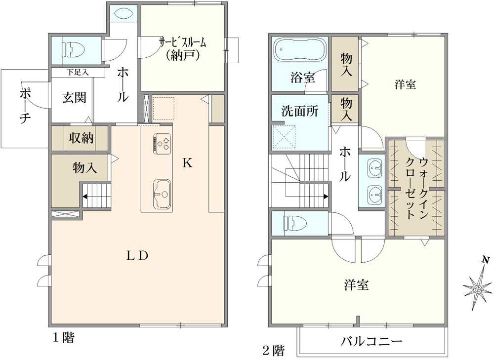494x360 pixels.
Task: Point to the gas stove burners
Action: (x=162, y=143)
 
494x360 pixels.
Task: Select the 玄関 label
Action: (x=74, y=97)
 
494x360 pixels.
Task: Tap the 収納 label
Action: (x=82, y=138)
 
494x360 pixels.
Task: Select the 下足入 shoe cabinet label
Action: (x=78, y=73)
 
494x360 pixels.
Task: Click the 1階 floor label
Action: (x=64, y=338)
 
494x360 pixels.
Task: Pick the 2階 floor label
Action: (x=273, y=351)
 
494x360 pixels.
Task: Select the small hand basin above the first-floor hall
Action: (x=123, y=13)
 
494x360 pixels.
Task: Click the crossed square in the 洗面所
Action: (x=284, y=136)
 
